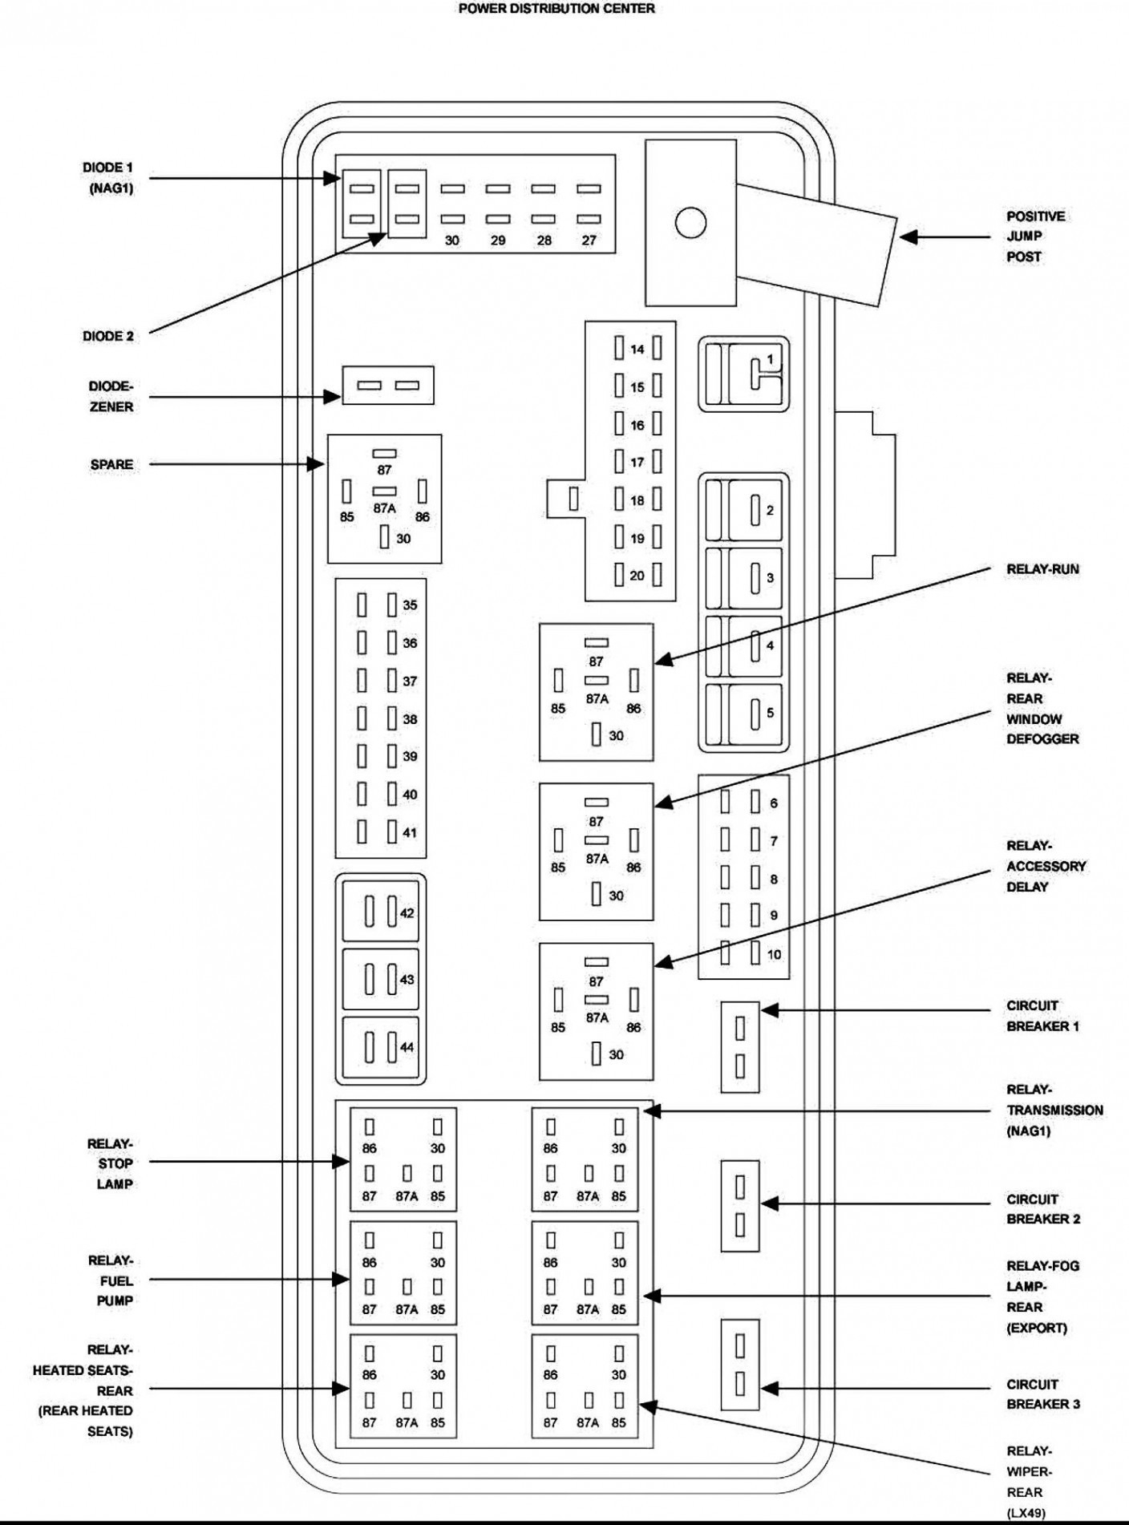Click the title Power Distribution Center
pos(556,9)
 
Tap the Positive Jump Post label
pos(1035,237)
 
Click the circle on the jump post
pos(690,223)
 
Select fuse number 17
pos(637,462)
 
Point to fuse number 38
pos(389,718)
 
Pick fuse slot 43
pos(381,979)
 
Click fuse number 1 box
pos(743,374)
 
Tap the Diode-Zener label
pos(111,397)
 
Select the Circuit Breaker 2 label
pos(1043,1209)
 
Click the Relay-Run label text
pos(1042,569)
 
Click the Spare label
pos(111,464)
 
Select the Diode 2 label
pos(108,336)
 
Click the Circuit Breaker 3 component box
pos(739,1365)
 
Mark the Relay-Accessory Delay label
pos(1046,866)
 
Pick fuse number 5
pos(743,713)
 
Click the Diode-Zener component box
pos(388,386)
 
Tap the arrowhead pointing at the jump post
pos(908,237)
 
